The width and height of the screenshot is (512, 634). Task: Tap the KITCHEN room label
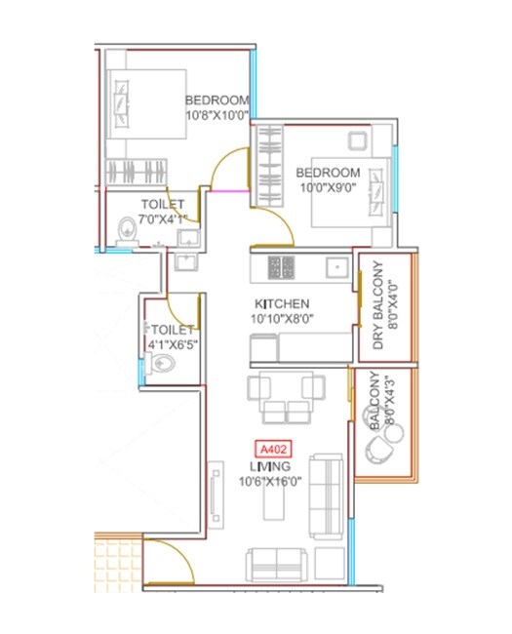click(x=282, y=303)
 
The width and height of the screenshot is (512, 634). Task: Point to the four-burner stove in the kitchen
click(x=282, y=265)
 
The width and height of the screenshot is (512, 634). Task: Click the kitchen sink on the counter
click(x=335, y=265)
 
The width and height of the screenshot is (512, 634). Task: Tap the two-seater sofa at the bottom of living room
click(x=277, y=565)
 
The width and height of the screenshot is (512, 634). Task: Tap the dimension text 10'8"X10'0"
click(x=217, y=115)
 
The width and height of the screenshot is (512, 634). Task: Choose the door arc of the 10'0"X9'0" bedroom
click(x=277, y=226)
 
